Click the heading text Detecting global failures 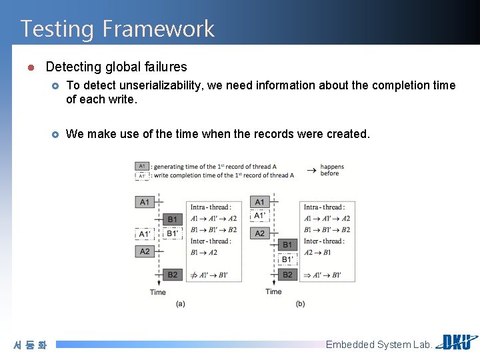pos(116,67)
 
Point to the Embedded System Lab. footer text pos(378,345)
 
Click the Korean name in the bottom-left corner pos(30,345)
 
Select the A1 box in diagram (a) pos(145,202)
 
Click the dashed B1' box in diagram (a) pos(172,234)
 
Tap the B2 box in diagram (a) pos(172,275)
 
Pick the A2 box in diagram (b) pos(259,233)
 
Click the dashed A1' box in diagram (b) pos(259,216)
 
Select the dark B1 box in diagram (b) pos(287,245)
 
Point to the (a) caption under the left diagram pos(180,303)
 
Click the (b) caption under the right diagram pos(300,303)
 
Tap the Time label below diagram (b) pos(273,291)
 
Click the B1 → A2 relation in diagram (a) pos(204,253)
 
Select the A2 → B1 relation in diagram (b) pos(317,253)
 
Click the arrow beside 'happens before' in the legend pos(311,170)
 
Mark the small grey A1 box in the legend pos(141,166)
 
